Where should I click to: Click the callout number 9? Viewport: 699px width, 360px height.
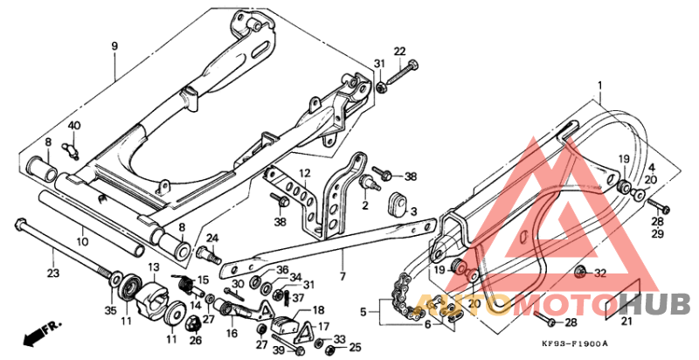(114, 45)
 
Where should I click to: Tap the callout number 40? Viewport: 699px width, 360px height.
(74, 126)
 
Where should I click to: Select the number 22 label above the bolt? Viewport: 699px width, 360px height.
(399, 52)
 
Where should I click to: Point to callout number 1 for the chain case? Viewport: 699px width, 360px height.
(600, 86)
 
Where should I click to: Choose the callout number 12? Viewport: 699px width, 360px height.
(305, 173)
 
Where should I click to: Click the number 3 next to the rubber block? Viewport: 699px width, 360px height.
(413, 212)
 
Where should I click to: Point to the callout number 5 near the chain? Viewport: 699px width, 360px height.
(363, 310)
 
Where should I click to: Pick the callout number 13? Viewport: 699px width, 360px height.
(152, 267)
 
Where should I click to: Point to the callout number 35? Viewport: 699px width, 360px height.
(110, 310)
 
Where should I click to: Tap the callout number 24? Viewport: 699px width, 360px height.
(212, 238)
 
